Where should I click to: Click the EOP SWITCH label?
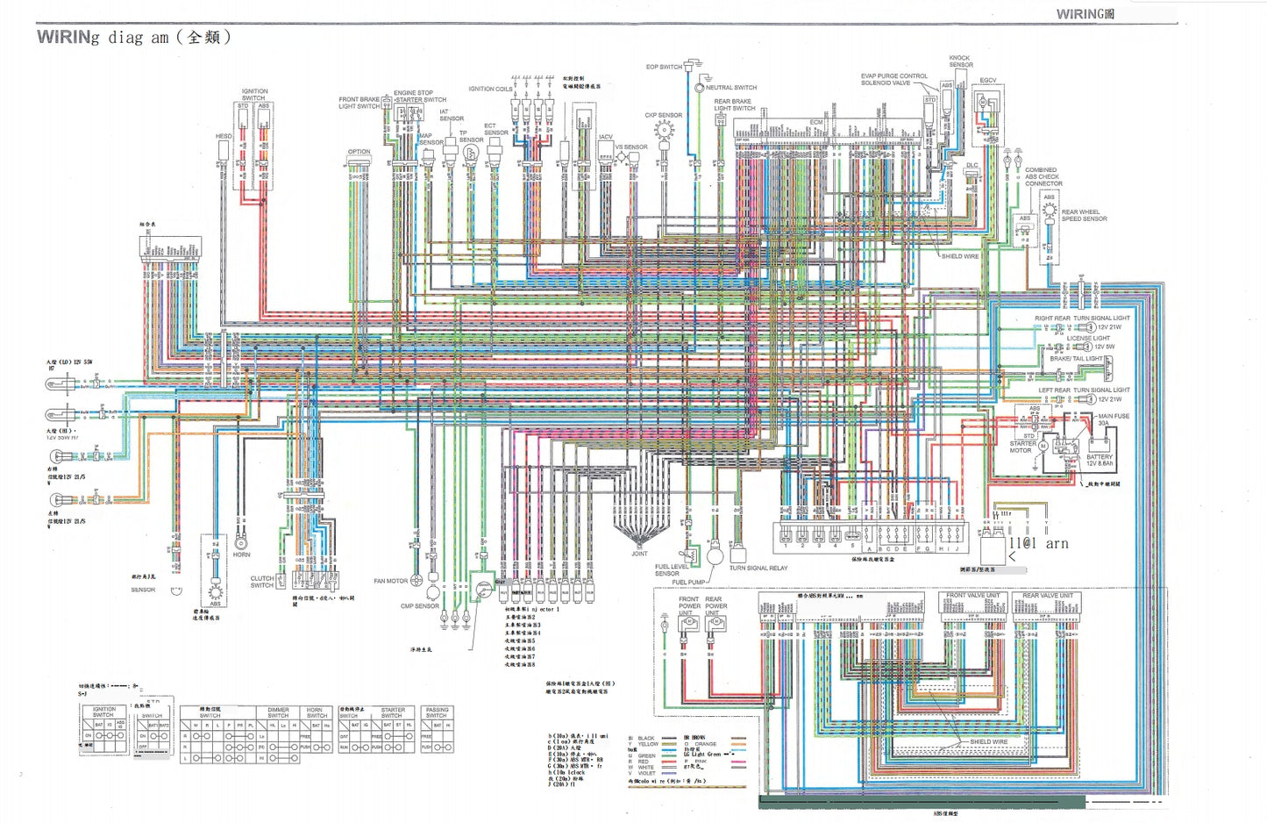663,67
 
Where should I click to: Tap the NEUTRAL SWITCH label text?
731,88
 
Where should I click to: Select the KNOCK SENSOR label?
960,61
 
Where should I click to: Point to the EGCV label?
988,81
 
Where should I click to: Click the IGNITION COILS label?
490,89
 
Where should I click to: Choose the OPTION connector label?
359,152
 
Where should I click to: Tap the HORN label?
241,555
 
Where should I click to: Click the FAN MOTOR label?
390,581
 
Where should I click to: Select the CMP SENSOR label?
420,606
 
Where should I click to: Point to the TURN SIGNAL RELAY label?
758,568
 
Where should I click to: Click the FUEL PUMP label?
688,582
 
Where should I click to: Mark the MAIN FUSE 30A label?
1114,419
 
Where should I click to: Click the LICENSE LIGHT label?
1088,338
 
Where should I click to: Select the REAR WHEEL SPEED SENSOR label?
1084,215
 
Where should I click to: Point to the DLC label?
972,165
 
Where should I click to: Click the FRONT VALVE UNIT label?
972,596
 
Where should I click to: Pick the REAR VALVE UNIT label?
1047,596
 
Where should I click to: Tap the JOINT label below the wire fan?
639,554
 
